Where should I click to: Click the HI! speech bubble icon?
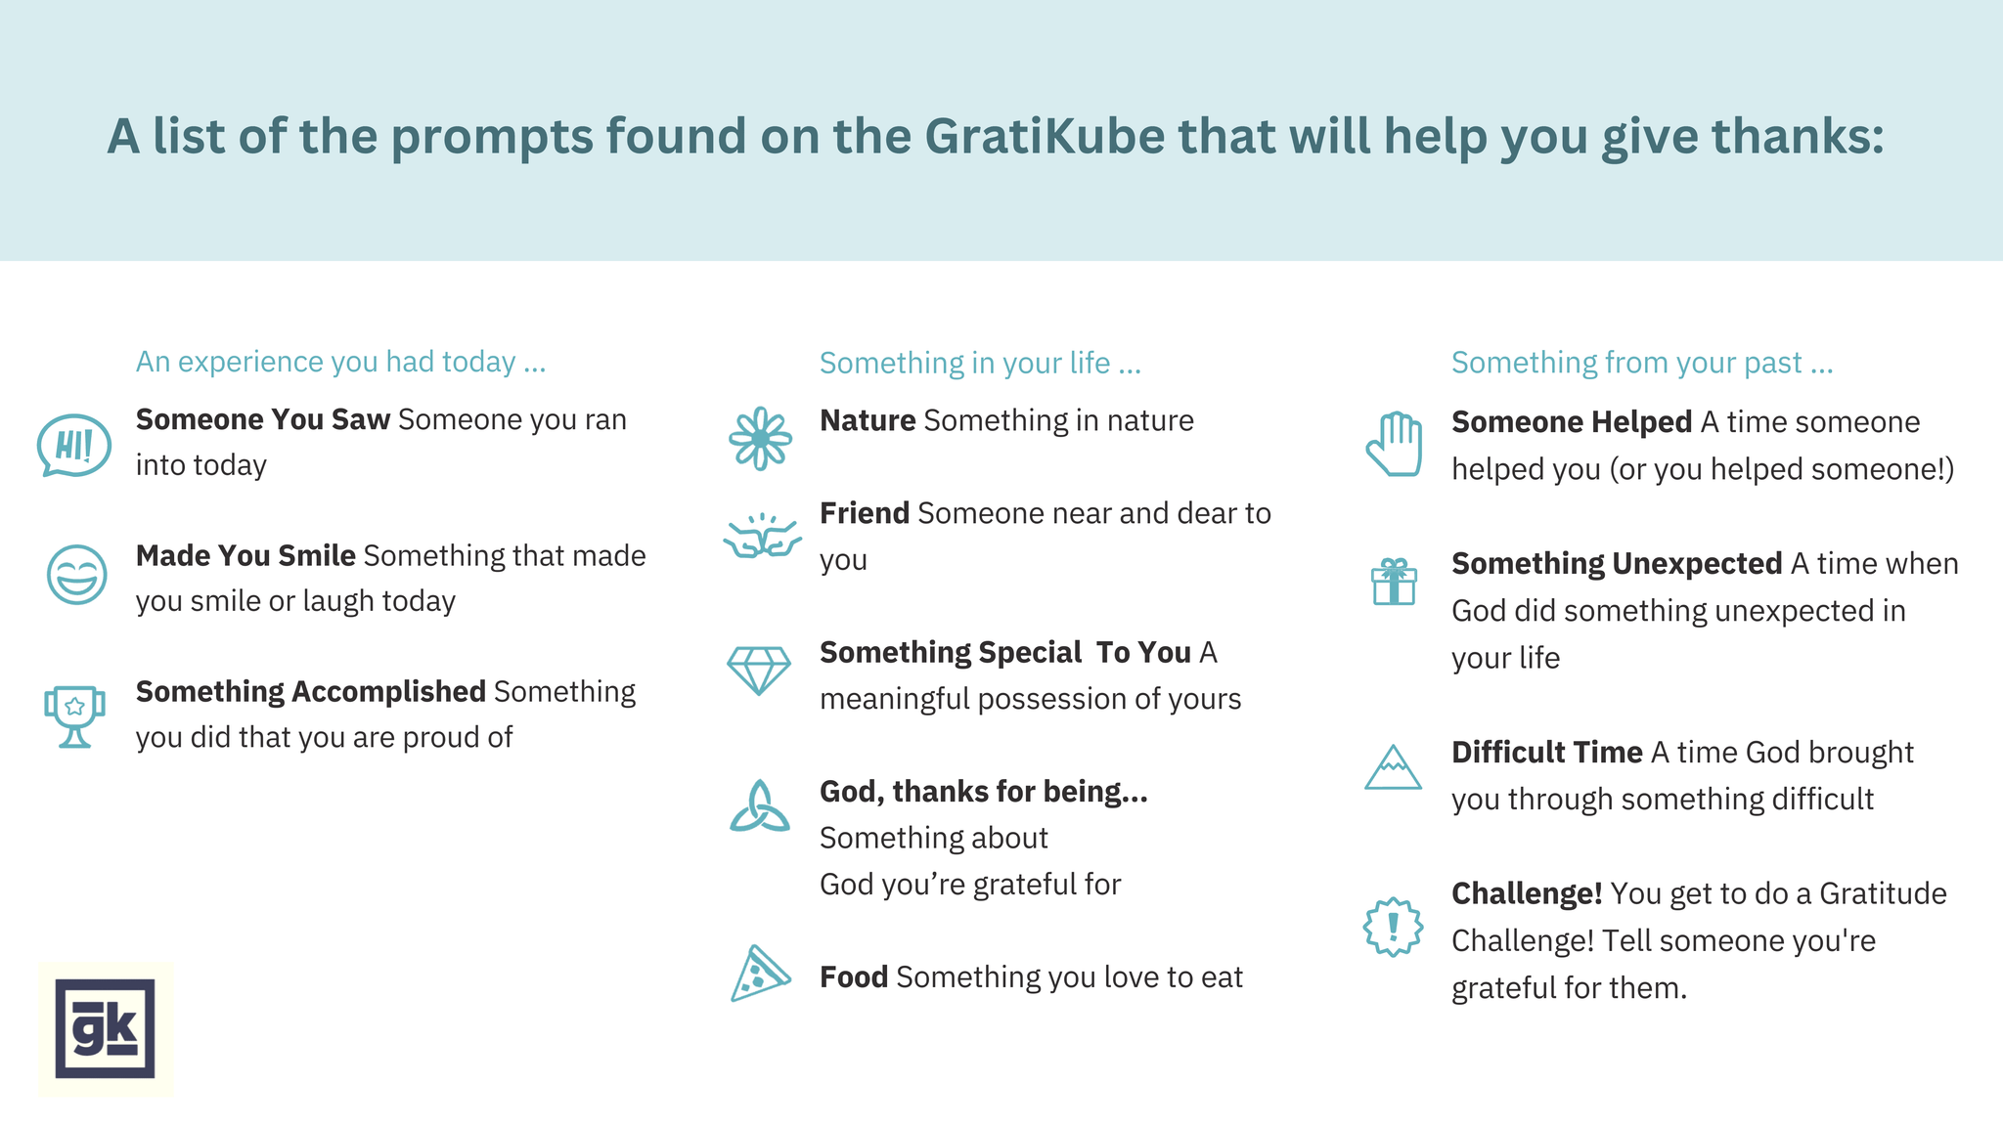click(73, 446)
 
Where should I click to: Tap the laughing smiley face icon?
click(76, 575)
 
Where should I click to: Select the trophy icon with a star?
click(74, 715)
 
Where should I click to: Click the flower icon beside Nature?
click(760, 439)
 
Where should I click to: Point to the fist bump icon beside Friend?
click(762, 537)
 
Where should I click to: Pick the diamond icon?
click(758, 670)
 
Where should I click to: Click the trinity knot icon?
click(760, 807)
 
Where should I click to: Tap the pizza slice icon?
click(759, 974)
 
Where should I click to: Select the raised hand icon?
click(1394, 445)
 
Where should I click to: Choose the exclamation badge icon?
click(1393, 927)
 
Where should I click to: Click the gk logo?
click(105, 1028)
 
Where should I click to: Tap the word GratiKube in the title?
click(1045, 136)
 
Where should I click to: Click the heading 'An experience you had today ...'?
click(340, 362)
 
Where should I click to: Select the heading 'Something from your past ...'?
click(1641, 363)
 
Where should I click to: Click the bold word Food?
click(853, 976)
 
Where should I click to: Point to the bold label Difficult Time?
click(1546, 752)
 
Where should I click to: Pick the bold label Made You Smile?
click(245, 555)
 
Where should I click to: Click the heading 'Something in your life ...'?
click(980, 363)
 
